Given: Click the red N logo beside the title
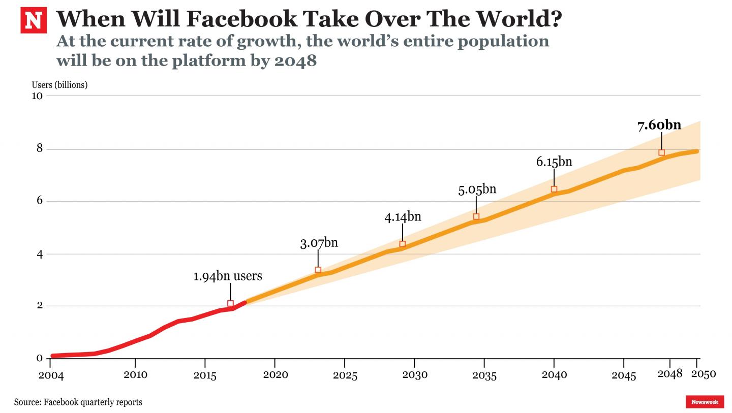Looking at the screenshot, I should [34, 20].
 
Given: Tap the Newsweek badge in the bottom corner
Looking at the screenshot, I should [705, 402].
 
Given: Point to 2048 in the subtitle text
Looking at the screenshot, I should [295, 60].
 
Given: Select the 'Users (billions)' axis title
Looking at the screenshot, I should [59, 85].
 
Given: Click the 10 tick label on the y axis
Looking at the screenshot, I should [37, 96].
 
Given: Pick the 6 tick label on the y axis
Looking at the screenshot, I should [39, 201].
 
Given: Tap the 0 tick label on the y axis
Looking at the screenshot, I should [39, 359].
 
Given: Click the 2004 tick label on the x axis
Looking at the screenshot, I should [51, 375].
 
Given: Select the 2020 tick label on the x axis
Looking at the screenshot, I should [275, 375].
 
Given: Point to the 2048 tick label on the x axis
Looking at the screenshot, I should [669, 374].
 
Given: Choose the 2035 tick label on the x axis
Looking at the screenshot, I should [484, 375].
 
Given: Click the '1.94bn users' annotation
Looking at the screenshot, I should [228, 276].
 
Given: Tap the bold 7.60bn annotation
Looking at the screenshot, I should [659, 125].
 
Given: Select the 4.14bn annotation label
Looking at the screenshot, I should [403, 217].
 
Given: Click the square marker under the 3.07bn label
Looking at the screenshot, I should [318, 270].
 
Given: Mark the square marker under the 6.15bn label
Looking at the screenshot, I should [554, 189].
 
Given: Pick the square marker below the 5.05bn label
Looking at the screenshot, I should [476, 217].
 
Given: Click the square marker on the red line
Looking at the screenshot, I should [230, 304].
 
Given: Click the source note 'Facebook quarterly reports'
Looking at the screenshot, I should [93, 402].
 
